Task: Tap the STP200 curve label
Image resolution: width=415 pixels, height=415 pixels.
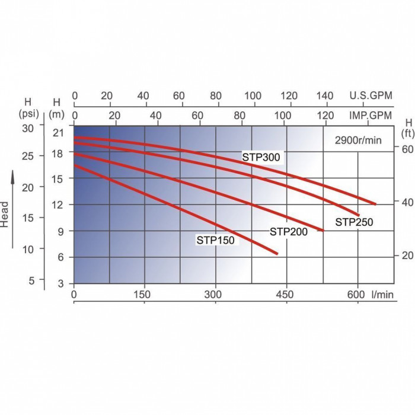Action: pyautogui.click(x=289, y=232)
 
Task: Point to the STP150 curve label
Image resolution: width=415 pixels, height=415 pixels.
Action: pyautogui.click(x=216, y=240)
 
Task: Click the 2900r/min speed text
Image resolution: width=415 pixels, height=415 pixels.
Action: pyautogui.click(x=358, y=141)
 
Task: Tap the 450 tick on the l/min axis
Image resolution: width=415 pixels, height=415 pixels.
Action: pyautogui.click(x=286, y=295)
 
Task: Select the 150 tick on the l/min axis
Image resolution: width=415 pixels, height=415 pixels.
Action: pyautogui.click(x=143, y=295)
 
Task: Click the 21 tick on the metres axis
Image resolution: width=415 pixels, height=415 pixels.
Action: pyautogui.click(x=58, y=133)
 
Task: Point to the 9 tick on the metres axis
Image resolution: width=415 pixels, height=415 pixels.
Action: pyautogui.click(x=60, y=232)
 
